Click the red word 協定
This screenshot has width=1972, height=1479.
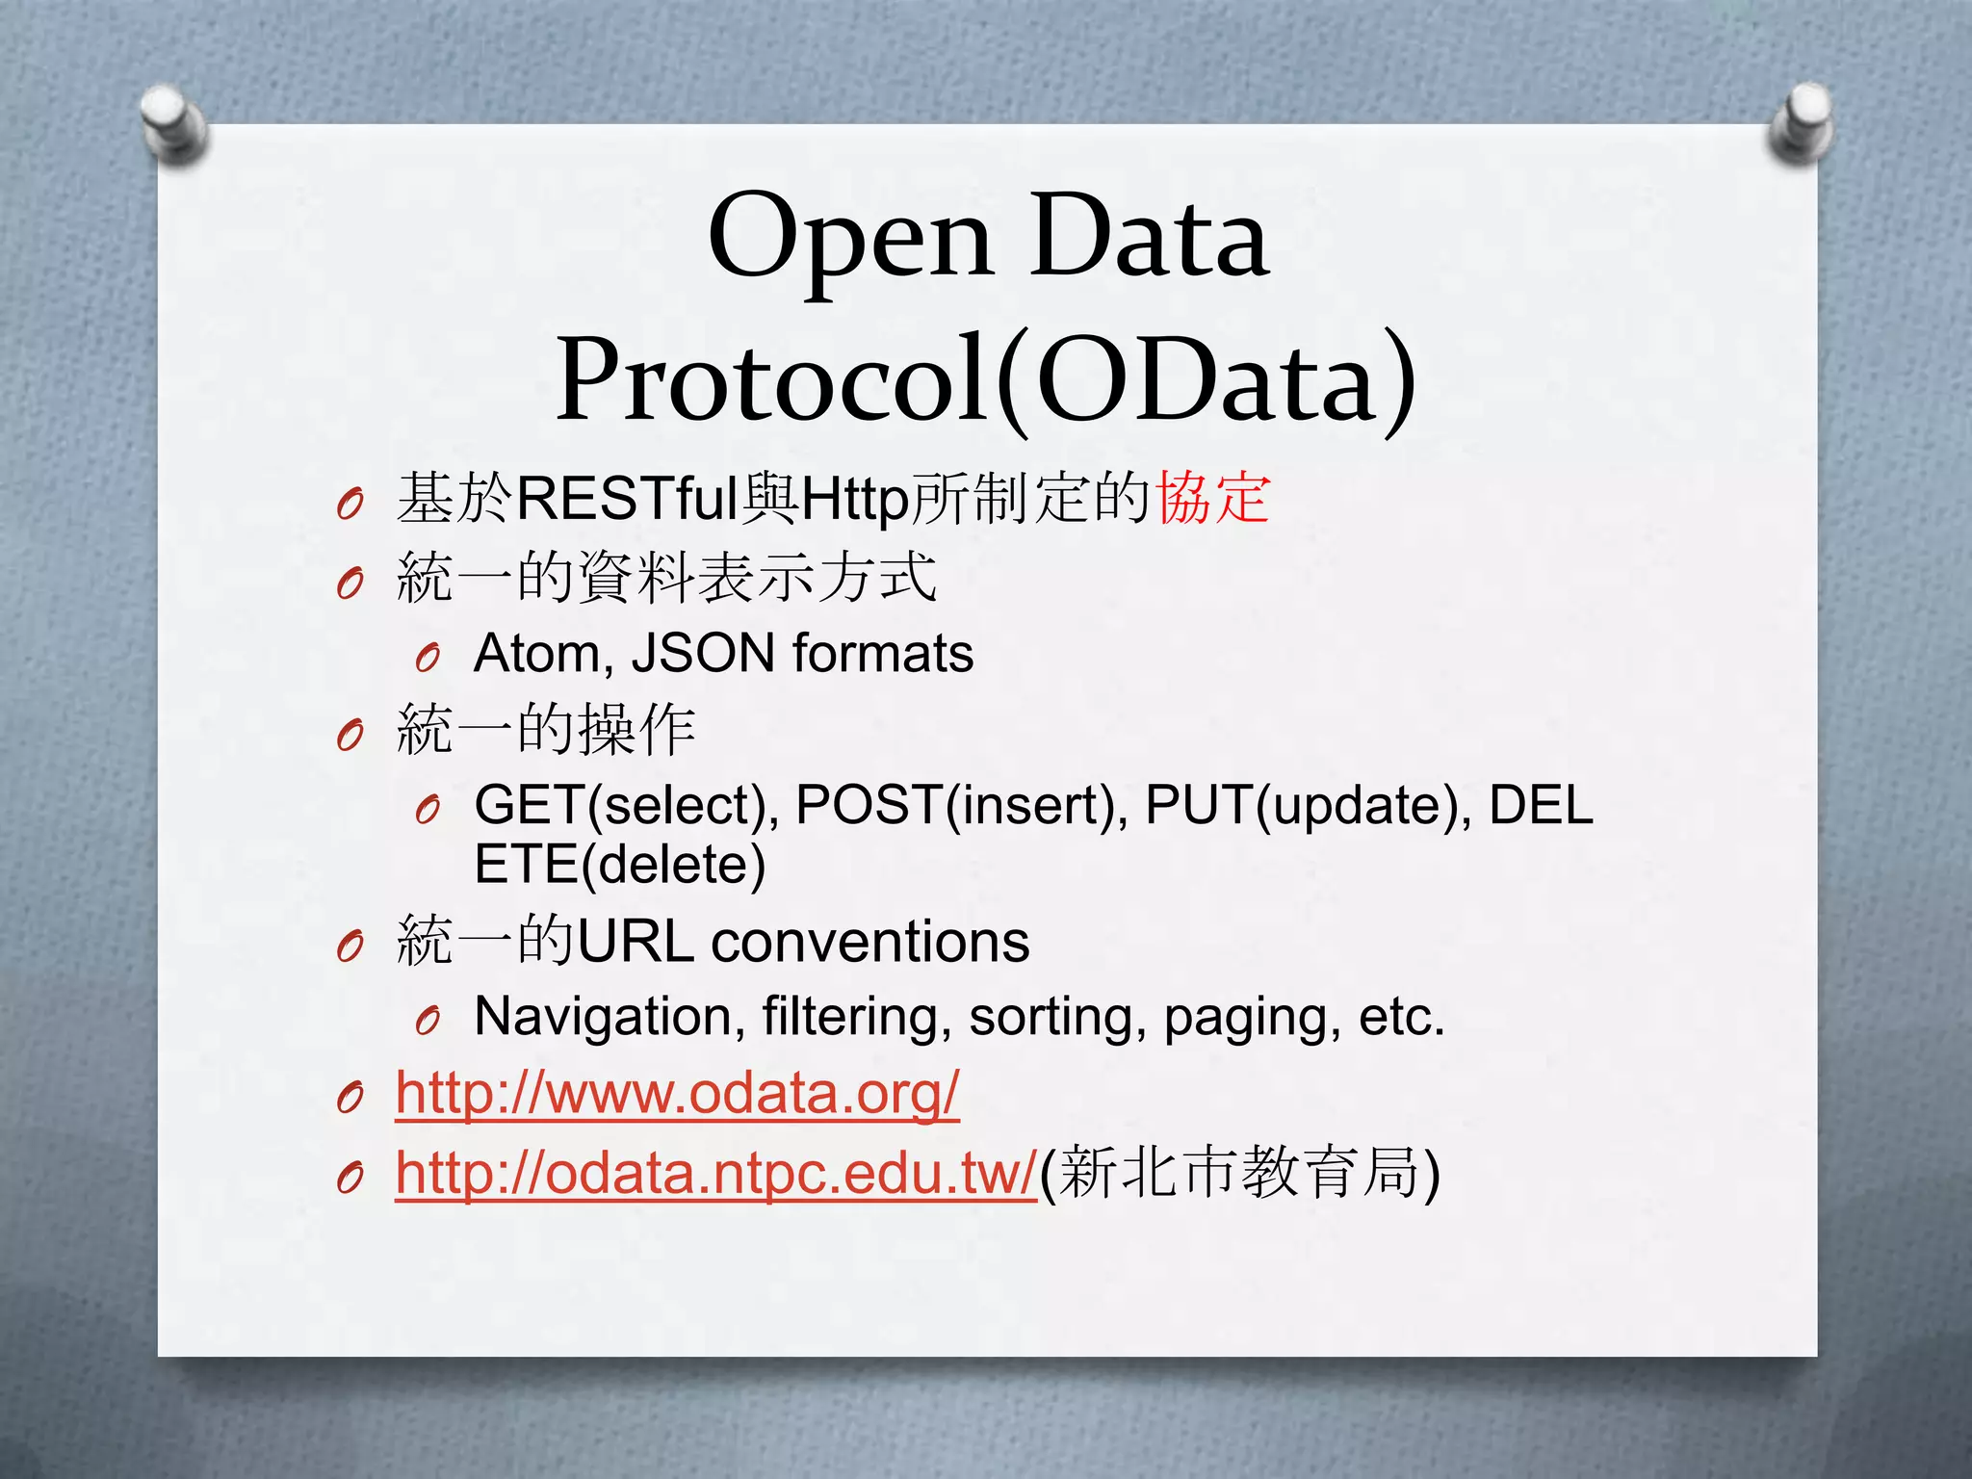point(1212,498)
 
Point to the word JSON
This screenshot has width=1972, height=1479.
point(703,653)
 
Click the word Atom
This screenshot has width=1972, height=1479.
point(538,653)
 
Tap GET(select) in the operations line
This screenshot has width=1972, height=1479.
point(626,805)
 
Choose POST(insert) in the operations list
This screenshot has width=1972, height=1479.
point(962,805)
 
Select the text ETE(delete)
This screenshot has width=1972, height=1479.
point(620,864)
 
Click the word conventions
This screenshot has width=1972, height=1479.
point(869,941)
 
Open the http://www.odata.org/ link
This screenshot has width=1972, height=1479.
point(677,1094)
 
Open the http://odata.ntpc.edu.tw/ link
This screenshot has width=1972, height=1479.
point(715,1173)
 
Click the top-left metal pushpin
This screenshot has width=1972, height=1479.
point(173,123)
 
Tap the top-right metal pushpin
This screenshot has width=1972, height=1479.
point(1801,121)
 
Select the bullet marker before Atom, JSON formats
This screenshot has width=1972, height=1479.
point(428,659)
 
